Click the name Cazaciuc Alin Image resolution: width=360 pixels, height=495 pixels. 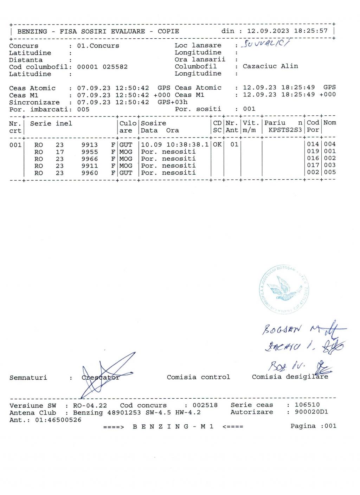click(270, 66)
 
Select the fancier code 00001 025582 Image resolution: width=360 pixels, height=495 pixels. click(102, 67)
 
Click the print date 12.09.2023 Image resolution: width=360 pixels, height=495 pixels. click(268, 31)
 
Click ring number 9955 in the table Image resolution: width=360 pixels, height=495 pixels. click(89, 152)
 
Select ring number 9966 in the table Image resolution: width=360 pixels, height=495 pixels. click(89, 159)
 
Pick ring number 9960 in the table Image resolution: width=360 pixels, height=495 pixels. click(89, 173)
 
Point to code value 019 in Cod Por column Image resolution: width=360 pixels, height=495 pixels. click(313, 152)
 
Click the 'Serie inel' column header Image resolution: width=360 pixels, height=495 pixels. click(51, 123)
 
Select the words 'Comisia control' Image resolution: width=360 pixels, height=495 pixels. click(198, 377)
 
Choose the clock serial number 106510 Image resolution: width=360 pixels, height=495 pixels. click(307, 405)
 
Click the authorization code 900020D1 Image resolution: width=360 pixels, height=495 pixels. click(311, 412)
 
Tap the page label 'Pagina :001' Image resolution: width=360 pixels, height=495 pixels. click(313, 426)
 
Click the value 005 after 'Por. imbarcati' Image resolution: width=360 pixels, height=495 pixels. click(83, 109)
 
